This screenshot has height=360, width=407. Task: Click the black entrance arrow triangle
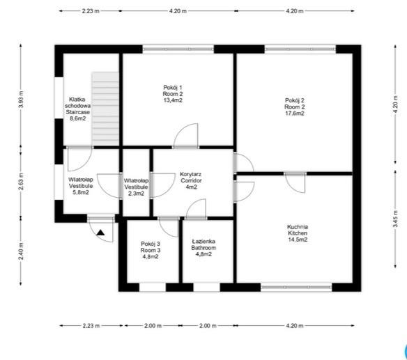[x=101, y=233]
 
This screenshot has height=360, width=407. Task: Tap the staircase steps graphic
[x=105, y=109]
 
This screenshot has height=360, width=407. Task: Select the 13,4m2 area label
[x=173, y=100]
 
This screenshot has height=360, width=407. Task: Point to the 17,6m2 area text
[x=295, y=114]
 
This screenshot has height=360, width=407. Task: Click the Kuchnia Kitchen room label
[x=298, y=230]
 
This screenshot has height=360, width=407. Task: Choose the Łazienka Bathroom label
[x=203, y=244]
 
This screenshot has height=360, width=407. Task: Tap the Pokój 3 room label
[x=151, y=247]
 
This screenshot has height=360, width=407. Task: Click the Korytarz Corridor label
[x=191, y=178]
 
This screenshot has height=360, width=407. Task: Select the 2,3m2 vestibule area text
[x=136, y=193]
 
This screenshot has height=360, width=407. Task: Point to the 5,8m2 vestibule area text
[x=81, y=192]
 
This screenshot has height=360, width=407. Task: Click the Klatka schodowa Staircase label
[x=77, y=106]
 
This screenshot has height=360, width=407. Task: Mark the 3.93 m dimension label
[x=21, y=100]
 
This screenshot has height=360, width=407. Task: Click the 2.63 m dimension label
[x=21, y=182]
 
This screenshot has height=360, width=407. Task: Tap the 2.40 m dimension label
[x=21, y=251]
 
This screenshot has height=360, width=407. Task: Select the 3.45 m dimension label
[x=395, y=219]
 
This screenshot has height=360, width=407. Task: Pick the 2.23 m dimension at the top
[x=91, y=11]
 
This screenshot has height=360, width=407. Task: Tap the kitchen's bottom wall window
[x=296, y=287]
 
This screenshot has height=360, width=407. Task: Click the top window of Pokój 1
[x=178, y=49]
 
